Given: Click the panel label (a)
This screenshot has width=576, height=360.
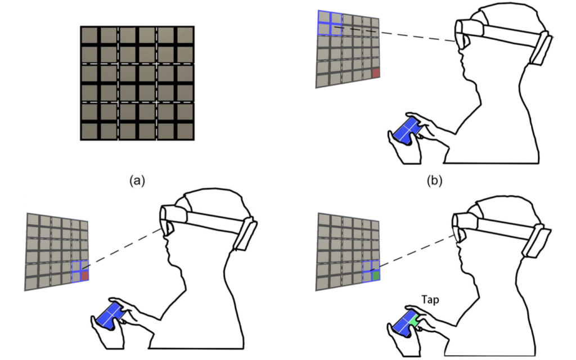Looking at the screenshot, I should point(138,181).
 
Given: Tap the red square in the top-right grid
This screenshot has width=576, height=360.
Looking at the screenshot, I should point(376,73).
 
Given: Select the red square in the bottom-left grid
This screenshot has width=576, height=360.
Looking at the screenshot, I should point(85,275).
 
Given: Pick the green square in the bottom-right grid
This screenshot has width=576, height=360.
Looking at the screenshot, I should point(376,275).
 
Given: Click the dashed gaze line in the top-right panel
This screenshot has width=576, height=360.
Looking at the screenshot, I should point(416,37).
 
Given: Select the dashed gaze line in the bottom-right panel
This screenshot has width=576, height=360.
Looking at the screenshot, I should point(413,251).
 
